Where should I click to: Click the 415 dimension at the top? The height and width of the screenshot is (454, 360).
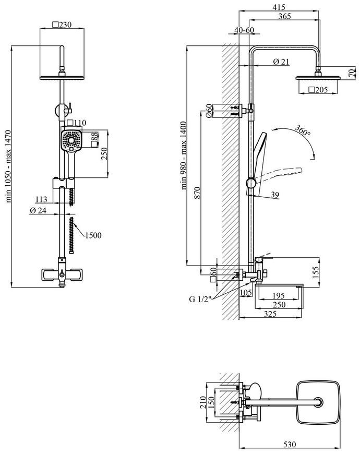279,7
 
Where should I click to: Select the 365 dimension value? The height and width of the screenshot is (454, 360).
284,17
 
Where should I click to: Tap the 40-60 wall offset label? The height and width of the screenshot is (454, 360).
244,30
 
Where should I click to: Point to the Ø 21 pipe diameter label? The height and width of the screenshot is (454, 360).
281,62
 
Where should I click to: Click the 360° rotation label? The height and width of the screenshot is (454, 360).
303,130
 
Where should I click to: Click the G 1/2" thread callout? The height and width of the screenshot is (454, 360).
200,299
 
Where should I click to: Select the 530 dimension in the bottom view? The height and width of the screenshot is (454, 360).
290,444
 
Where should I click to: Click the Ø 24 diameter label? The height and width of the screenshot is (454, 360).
38,210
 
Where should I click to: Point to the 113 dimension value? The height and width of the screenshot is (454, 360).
41,199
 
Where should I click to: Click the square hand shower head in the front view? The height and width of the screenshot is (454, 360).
71,140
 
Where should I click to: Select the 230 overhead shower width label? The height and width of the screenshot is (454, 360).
62,25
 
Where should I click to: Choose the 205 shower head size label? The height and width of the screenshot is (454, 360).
318,90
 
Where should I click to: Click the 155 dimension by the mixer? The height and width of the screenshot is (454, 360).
316,272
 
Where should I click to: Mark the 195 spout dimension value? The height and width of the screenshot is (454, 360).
279,295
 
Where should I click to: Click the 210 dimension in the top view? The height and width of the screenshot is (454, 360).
203,402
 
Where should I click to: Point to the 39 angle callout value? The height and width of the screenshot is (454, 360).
275,195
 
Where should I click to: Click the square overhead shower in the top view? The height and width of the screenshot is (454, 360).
318,403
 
